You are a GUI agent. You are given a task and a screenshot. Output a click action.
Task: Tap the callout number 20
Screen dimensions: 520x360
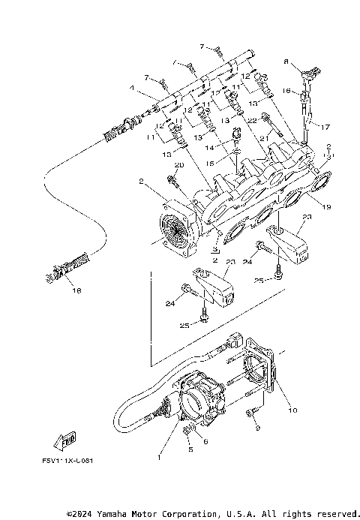[178, 165]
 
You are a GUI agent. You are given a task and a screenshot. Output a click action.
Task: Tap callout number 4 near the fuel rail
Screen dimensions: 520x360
[133, 89]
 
